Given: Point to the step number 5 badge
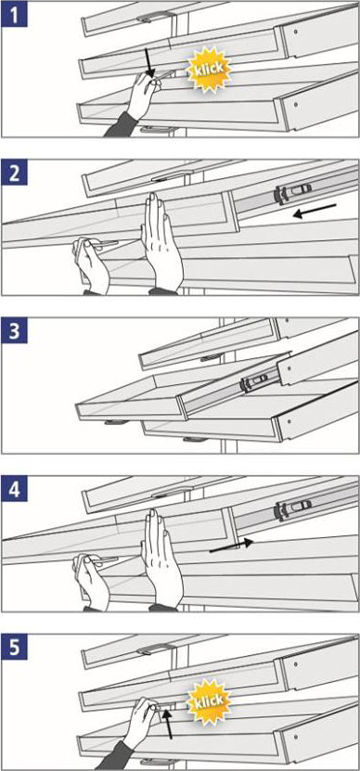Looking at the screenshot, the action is tap(15, 648).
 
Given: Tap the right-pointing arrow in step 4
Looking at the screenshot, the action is tap(231, 546).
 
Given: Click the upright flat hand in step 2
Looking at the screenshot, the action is tap(161, 244).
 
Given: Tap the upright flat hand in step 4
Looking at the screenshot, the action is tap(161, 560).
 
